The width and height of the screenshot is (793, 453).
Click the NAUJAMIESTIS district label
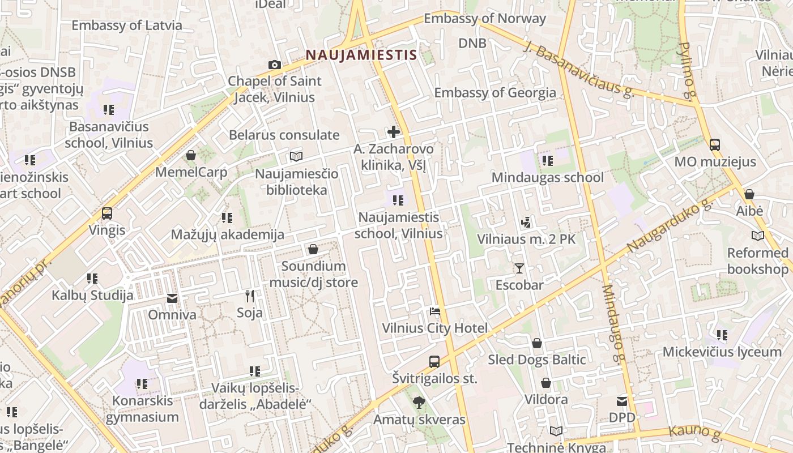coord(361,55)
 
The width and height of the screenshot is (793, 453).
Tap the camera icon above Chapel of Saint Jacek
coord(275,65)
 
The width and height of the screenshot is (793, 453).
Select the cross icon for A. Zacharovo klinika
coord(393,133)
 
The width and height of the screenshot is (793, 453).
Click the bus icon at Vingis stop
coord(106,213)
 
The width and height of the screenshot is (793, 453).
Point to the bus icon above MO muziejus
coord(715,145)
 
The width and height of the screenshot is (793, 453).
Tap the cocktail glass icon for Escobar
coord(519,268)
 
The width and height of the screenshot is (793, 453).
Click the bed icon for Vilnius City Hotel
coord(434,311)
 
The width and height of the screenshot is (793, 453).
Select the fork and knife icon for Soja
coord(250,296)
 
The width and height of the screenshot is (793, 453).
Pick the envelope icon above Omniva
coord(172,298)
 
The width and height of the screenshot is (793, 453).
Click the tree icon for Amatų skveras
coord(419,403)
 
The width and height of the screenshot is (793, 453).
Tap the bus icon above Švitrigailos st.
coord(434,361)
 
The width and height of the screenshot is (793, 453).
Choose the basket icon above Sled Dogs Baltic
coord(537,343)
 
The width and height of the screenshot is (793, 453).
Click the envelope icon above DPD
coord(622,401)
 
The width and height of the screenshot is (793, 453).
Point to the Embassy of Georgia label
coord(495,92)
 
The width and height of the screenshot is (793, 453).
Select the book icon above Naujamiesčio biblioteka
coord(296,157)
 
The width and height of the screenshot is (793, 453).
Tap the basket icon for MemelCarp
coord(191,155)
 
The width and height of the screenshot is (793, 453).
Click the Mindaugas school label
coord(547,177)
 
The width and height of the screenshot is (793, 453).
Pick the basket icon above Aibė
coord(749,194)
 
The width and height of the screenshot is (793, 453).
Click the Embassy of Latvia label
coord(127,25)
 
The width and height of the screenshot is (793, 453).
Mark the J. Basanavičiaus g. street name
coord(583,71)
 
